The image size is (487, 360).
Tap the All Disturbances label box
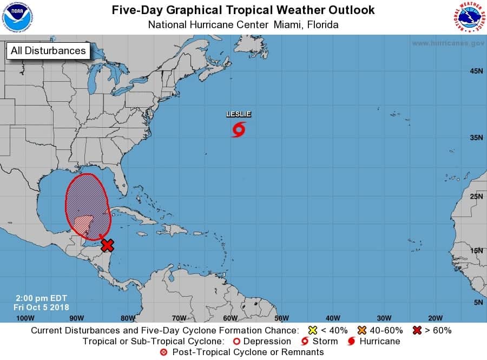pyautogui.click(x=48, y=51)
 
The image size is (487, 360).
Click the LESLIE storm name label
pyautogui.click(x=239, y=114)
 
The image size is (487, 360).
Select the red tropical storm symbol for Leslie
pyautogui.click(x=239, y=129)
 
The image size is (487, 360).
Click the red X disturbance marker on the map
pyautogui.click(x=107, y=245)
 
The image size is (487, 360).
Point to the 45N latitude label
pyautogui.click(x=476, y=71)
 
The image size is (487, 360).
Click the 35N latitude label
pyautogui.click(x=476, y=138)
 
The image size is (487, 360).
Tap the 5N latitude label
pyautogui.click(x=478, y=302)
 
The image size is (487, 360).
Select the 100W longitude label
pyautogui.click(x=25, y=318)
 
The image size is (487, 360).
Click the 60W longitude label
pyautogui.click(x=230, y=318)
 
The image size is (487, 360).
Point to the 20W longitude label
pyautogui.click(x=435, y=318)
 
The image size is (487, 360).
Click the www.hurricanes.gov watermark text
pyautogui.click(x=448, y=43)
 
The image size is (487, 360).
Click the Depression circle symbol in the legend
pyautogui.click(x=235, y=341)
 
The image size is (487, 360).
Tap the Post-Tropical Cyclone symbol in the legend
pyautogui.click(x=164, y=352)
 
